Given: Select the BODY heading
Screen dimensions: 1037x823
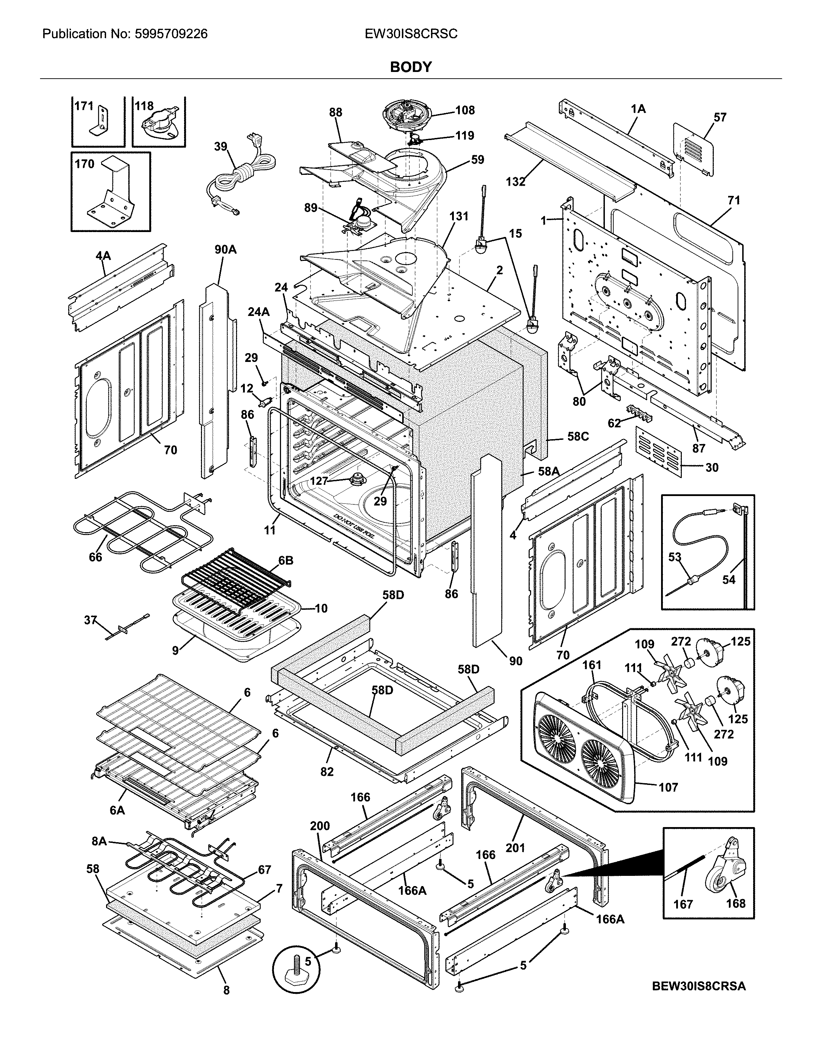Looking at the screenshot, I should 411,67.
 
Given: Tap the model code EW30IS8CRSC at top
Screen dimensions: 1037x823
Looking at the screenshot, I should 411,34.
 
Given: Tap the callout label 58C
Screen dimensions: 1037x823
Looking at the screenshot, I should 577,437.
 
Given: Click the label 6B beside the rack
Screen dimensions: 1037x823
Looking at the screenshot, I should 286,560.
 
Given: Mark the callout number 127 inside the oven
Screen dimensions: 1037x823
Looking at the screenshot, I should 319,481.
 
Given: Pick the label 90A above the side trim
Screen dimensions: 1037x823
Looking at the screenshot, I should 225,250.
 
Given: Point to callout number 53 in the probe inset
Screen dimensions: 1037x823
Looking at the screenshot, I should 674,557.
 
